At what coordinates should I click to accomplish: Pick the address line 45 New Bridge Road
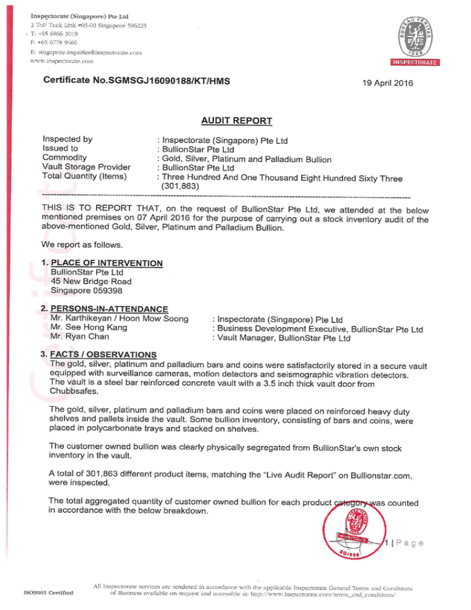[x=91, y=282]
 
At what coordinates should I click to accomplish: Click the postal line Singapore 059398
[x=87, y=291]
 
